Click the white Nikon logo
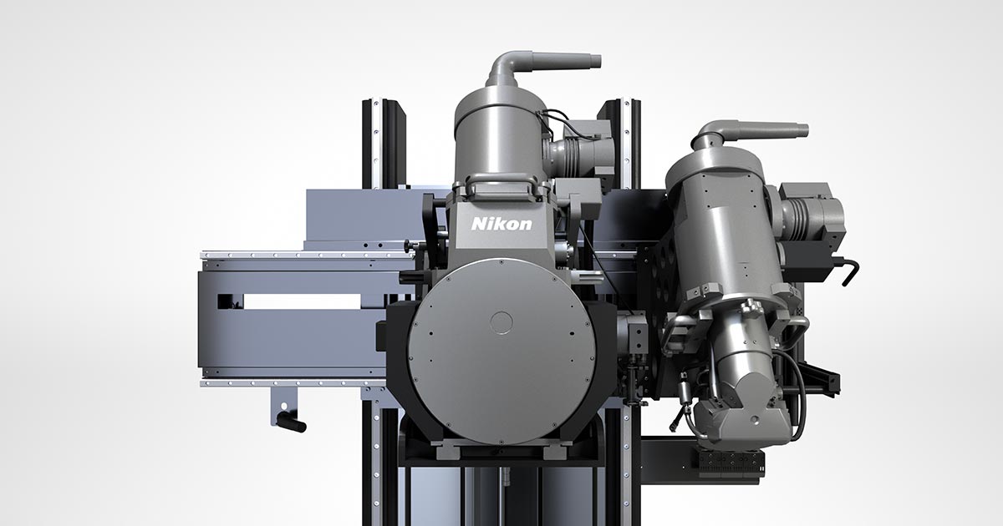tap(501, 224)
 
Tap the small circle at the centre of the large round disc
tap(501, 322)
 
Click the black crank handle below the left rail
tap(292, 422)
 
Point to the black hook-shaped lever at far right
tap(849, 271)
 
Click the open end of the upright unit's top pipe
tap(598, 61)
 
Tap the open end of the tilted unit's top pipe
tap(806, 130)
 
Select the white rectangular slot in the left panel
tap(303, 301)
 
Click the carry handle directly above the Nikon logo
tap(501, 181)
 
